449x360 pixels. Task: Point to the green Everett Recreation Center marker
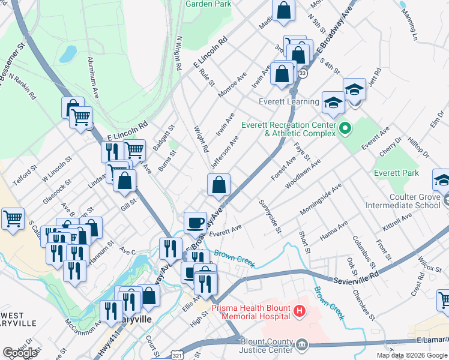(345, 128)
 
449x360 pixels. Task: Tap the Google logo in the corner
(20, 353)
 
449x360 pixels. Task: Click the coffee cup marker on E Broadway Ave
(195, 223)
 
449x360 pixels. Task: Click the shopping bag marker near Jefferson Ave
(219, 185)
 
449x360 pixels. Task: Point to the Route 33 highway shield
(303, 73)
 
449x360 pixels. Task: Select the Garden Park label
(208, 4)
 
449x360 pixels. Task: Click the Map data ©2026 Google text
(411, 355)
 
